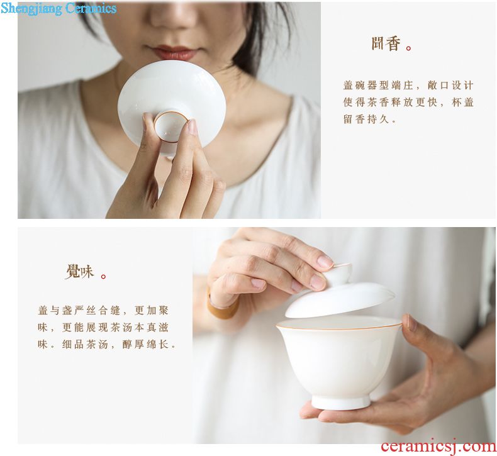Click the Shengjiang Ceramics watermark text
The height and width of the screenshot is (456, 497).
coord(59,8)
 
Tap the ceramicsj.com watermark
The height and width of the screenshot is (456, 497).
coord(438,446)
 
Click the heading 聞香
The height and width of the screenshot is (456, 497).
coord(386,44)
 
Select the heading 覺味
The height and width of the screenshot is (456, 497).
coord(80,272)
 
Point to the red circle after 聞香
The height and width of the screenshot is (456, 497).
coord(408,48)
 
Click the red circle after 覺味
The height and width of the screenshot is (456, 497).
coord(103,276)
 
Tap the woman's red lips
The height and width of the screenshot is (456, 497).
coord(173,52)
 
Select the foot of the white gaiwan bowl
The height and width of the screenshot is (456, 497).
coord(341,401)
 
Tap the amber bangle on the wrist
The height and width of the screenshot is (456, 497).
coord(223,305)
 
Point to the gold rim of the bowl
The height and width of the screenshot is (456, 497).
coord(338,326)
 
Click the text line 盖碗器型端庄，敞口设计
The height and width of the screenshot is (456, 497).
coord(408,86)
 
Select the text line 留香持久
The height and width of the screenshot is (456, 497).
coord(370,120)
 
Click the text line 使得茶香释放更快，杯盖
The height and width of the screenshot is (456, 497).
coord(408,103)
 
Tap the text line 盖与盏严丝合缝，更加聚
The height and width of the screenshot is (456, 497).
coord(103,310)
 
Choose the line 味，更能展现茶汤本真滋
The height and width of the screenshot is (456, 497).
coord(103,327)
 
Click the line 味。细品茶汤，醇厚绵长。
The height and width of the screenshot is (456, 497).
coord(107,345)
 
